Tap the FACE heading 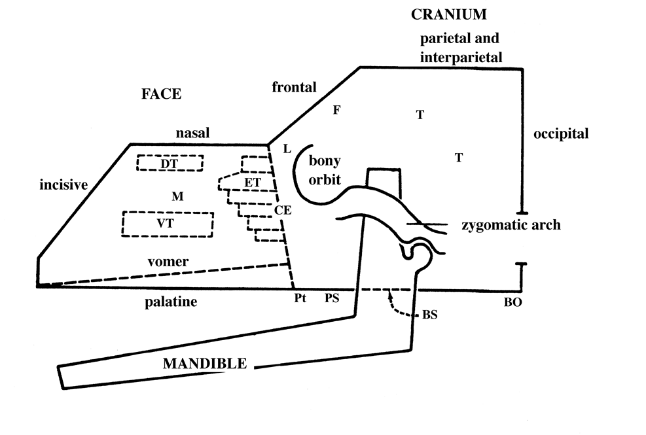pyautogui.click(x=161, y=94)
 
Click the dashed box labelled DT pyautogui.click(x=170, y=162)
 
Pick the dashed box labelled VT pyautogui.click(x=168, y=224)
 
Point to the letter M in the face pyautogui.click(x=175, y=196)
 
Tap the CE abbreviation pyautogui.click(x=283, y=211)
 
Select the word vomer pyautogui.click(x=168, y=262)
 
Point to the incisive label pyautogui.click(x=63, y=185)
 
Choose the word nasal pyautogui.click(x=192, y=133)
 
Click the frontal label pyautogui.click(x=295, y=87)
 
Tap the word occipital pyautogui.click(x=561, y=135)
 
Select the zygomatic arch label pyautogui.click(x=511, y=225)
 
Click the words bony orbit pyautogui.click(x=325, y=169)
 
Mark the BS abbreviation pyautogui.click(x=429, y=315)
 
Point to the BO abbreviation pyautogui.click(x=514, y=304)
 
